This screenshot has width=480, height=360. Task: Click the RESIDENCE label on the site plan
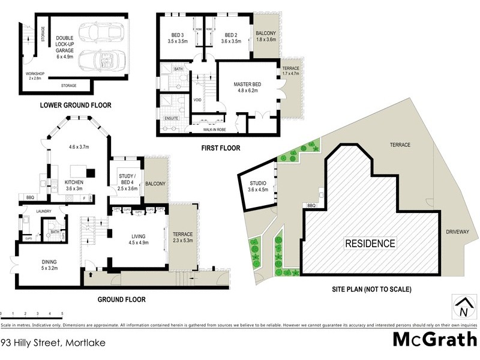click(370, 244)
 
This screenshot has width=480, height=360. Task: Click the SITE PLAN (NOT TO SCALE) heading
click(373, 289)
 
